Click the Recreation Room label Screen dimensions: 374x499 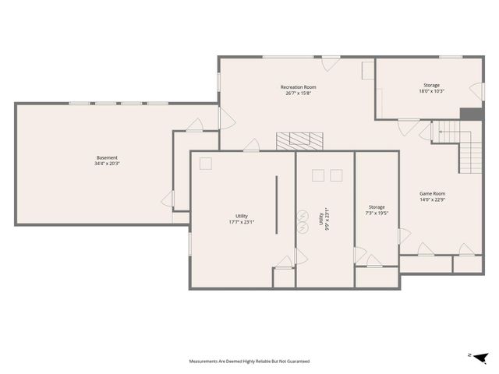[x=299, y=87]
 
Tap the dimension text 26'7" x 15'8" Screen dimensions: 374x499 [x=299, y=93]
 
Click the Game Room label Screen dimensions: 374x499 [x=432, y=193]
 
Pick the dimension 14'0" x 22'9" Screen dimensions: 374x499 [x=432, y=199]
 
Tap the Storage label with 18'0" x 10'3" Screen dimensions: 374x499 [x=431, y=85]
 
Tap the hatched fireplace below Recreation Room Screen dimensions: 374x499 [x=300, y=140]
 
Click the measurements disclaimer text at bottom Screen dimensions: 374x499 [x=249, y=362]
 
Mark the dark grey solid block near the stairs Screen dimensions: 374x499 [x=469, y=115]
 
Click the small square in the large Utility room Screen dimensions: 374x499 [x=207, y=163]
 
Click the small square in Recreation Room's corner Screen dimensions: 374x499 [x=367, y=71]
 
